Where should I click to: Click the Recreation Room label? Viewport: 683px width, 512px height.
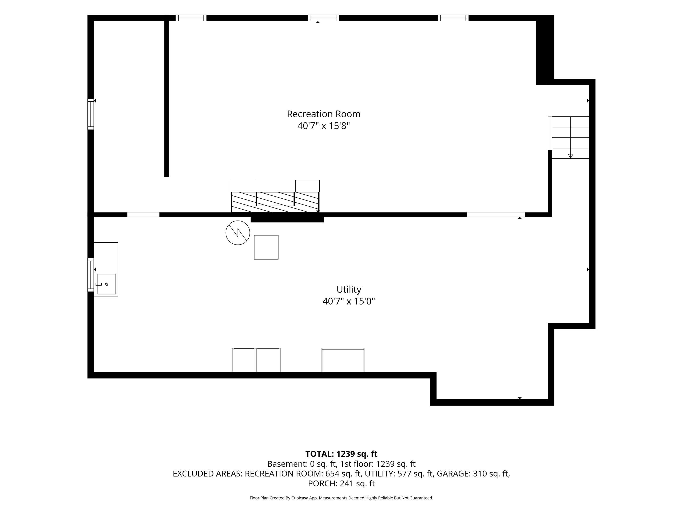click(324, 114)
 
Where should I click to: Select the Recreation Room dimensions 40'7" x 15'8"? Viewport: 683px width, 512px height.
click(324, 126)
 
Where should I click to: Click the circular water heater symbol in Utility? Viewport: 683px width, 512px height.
click(238, 233)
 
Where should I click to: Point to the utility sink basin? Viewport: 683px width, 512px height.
click(106, 284)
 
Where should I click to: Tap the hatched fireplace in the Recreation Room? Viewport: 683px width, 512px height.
click(275, 202)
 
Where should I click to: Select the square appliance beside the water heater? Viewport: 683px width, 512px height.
click(266, 247)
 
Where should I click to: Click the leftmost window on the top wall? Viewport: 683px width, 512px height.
click(191, 18)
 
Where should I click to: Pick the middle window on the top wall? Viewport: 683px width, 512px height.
click(323, 18)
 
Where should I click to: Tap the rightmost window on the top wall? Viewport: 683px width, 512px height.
click(453, 18)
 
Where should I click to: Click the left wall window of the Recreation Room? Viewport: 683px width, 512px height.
click(90, 114)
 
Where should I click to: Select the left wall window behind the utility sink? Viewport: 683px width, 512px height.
click(90, 275)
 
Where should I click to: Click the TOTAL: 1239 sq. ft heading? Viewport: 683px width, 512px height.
click(341, 454)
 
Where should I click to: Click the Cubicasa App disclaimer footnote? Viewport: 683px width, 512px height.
click(341, 498)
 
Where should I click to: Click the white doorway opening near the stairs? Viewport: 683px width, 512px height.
click(496, 214)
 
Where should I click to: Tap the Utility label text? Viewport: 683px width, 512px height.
click(349, 290)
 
